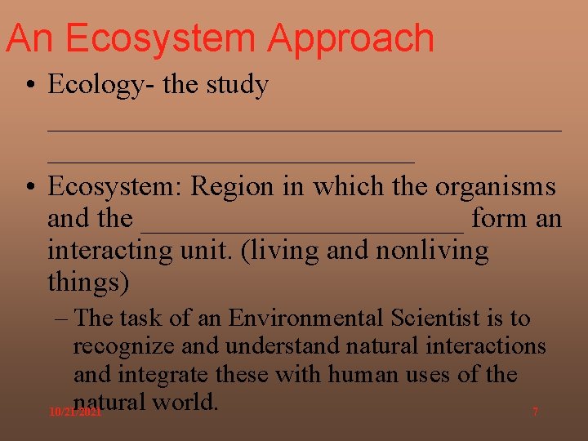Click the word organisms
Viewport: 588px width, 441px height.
point(495,187)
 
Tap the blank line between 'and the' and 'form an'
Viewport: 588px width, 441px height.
point(303,229)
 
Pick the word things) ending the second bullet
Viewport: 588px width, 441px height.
point(88,283)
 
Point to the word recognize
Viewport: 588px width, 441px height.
point(123,347)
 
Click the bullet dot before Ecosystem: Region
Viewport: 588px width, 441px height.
point(29,187)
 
